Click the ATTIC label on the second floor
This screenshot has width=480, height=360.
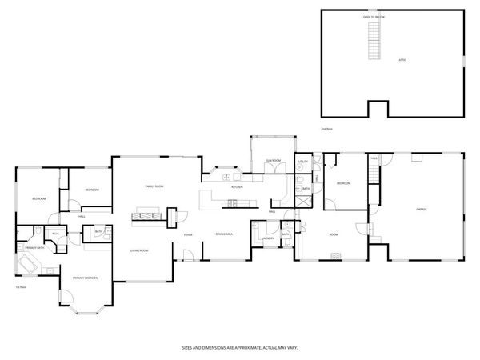tap(403, 60)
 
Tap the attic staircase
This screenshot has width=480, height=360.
tap(371, 41)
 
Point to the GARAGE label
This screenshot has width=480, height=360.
tap(421, 210)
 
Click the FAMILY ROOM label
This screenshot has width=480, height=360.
tap(154, 186)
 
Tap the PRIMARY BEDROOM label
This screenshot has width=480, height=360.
tap(86, 278)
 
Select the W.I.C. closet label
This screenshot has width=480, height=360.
tap(54, 234)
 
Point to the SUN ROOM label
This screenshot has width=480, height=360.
tap(273, 161)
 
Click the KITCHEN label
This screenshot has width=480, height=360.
tap(237, 186)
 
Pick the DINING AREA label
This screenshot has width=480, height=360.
tap(224, 234)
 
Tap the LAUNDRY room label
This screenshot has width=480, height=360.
tap(268, 238)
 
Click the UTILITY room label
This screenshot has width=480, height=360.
tap(303, 162)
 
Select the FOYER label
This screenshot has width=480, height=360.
tap(187, 234)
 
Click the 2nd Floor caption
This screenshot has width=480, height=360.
tap(326, 128)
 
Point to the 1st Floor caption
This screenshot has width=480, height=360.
tap(21, 286)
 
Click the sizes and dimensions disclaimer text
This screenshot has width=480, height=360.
tap(240, 348)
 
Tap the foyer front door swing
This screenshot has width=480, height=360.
tap(188, 255)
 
